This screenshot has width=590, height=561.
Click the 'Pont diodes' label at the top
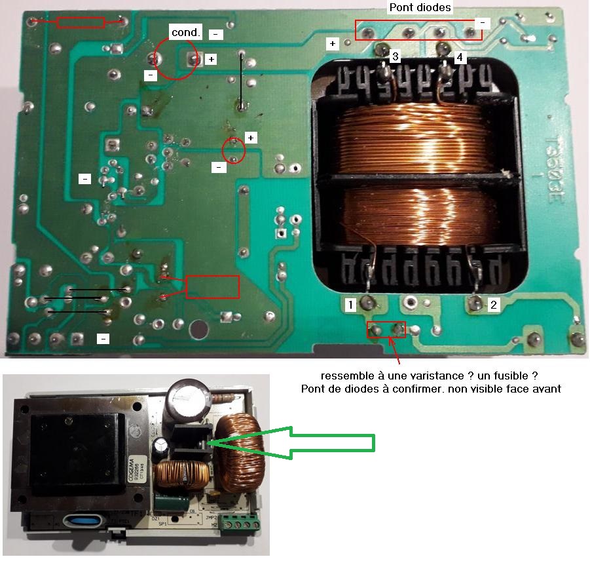tap(420, 8)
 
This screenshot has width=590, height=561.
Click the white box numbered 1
tap(351, 304)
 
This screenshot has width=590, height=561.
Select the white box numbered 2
tap(494, 304)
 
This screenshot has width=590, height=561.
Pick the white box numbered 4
tap(460, 58)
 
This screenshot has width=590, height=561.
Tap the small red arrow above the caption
tap(396, 351)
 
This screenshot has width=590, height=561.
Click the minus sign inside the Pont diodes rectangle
tap(483, 23)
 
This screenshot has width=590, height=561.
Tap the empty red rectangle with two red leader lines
tap(213, 286)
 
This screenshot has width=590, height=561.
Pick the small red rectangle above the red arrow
tap(386, 329)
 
